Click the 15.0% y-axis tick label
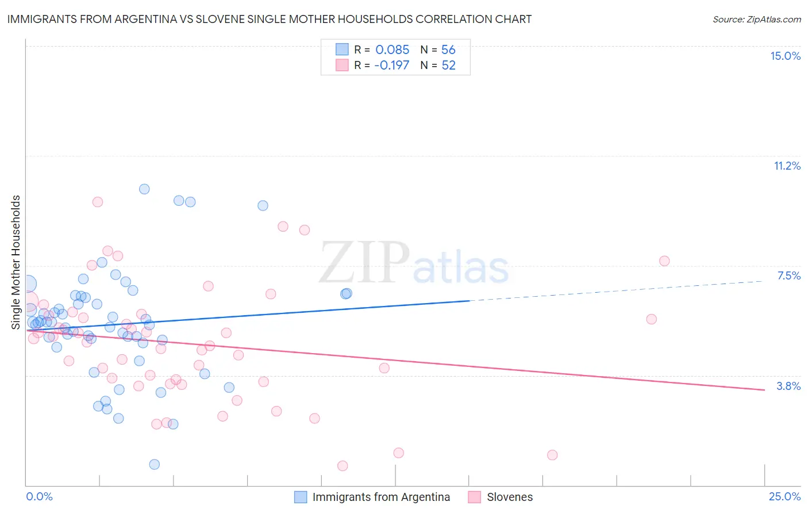coord(785,56)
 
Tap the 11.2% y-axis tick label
coord(787,166)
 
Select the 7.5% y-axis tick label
coord(788,275)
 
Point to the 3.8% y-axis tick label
coord(788,386)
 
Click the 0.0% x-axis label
coord(39,496)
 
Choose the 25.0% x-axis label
coord(784,496)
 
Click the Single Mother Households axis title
coord(16,262)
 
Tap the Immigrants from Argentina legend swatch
coord(300,497)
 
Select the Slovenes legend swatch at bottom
coord(474,497)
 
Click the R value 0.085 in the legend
coord(392,49)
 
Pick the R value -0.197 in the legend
coord(391,65)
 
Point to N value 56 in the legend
coord(448,49)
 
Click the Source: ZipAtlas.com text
coord(756,19)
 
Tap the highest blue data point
coord(144,189)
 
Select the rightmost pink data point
coord(664,261)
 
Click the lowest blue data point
coord(154,464)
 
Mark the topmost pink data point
coord(98,202)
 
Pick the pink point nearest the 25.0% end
coord(664,261)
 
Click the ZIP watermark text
coord(364,262)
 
